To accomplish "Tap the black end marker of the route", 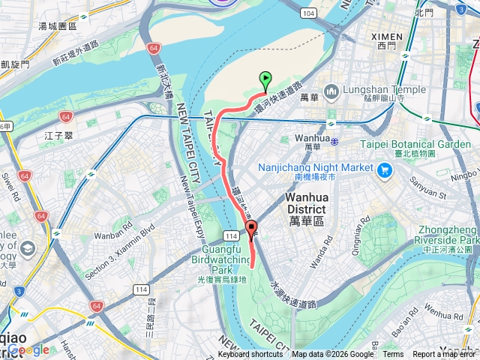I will point(251,228).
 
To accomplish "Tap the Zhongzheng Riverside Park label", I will point(439,234).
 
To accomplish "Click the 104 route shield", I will point(307,13).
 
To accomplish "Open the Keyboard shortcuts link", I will point(250,355).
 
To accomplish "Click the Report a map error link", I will point(445,355).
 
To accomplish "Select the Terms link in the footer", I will point(393,355).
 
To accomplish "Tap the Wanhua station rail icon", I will point(334,140).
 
